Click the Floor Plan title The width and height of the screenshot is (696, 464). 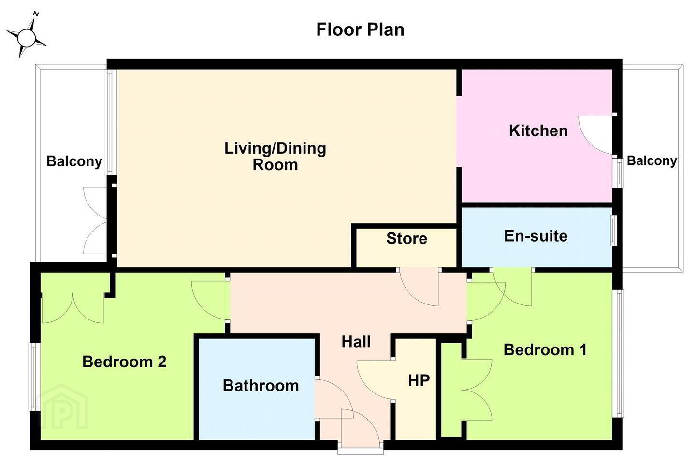pyautogui.click(x=360, y=30)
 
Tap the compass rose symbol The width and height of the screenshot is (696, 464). pyautogui.click(x=26, y=36)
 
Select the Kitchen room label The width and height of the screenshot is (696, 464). pyautogui.click(x=538, y=130)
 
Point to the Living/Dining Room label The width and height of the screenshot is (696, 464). pyautogui.click(x=275, y=156)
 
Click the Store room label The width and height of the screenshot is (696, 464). pyautogui.click(x=407, y=238)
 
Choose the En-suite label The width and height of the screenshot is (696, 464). pyautogui.click(x=536, y=236)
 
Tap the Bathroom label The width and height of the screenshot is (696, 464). pyautogui.click(x=261, y=385)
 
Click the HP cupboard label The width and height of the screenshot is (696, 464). pyautogui.click(x=419, y=380)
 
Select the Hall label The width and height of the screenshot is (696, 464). pyautogui.click(x=356, y=342)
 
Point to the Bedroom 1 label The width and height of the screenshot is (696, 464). pyautogui.click(x=545, y=349)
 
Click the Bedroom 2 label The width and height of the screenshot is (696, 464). pyautogui.click(x=124, y=362)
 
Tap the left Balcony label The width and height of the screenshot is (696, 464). pyautogui.click(x=74, y=161)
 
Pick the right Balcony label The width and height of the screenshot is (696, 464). pyautogui.click(x=652, y=160)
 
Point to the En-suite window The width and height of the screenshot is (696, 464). pyautogui.click(x=614, y=230)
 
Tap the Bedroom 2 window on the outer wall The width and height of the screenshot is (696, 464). pyautogui.click(x=33, y=377)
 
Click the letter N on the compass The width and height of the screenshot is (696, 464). pyautogui.click(x=36, y=14)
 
